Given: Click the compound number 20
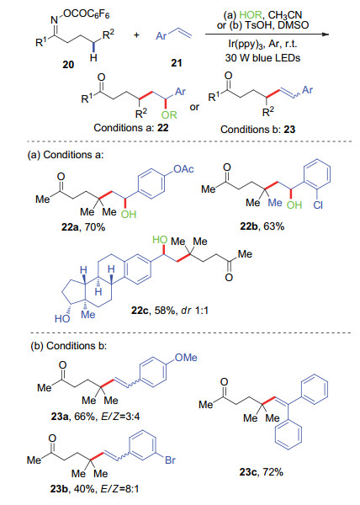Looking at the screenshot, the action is tap(68, 65).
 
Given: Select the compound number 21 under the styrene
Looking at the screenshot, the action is tap(177, 63).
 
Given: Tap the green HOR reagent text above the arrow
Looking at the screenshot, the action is tap(251, 15).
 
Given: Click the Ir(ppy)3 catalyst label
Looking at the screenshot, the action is tap(243, 44).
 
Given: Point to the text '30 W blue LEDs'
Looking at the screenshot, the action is tap(262, 58).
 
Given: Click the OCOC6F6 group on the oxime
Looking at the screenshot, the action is tap(87, 14).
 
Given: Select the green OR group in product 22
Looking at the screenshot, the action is tap(169, 115).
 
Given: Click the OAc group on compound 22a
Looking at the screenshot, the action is tap(183, 169).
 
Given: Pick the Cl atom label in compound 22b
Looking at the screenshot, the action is tap(318, 205).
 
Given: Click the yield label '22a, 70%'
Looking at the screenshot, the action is tap(83, 227).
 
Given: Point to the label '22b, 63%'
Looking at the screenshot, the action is tap(262, 226).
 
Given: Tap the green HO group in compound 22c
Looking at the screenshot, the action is tap(160, 240).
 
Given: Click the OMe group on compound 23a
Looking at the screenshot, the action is tap(186, 358).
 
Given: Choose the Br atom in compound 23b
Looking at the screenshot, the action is tap(170, 460).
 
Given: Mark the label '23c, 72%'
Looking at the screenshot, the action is tap(262, 472).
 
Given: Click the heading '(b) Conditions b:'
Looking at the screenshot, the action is tap(68, 346).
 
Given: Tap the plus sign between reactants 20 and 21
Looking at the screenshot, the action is tap(137, 35).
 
